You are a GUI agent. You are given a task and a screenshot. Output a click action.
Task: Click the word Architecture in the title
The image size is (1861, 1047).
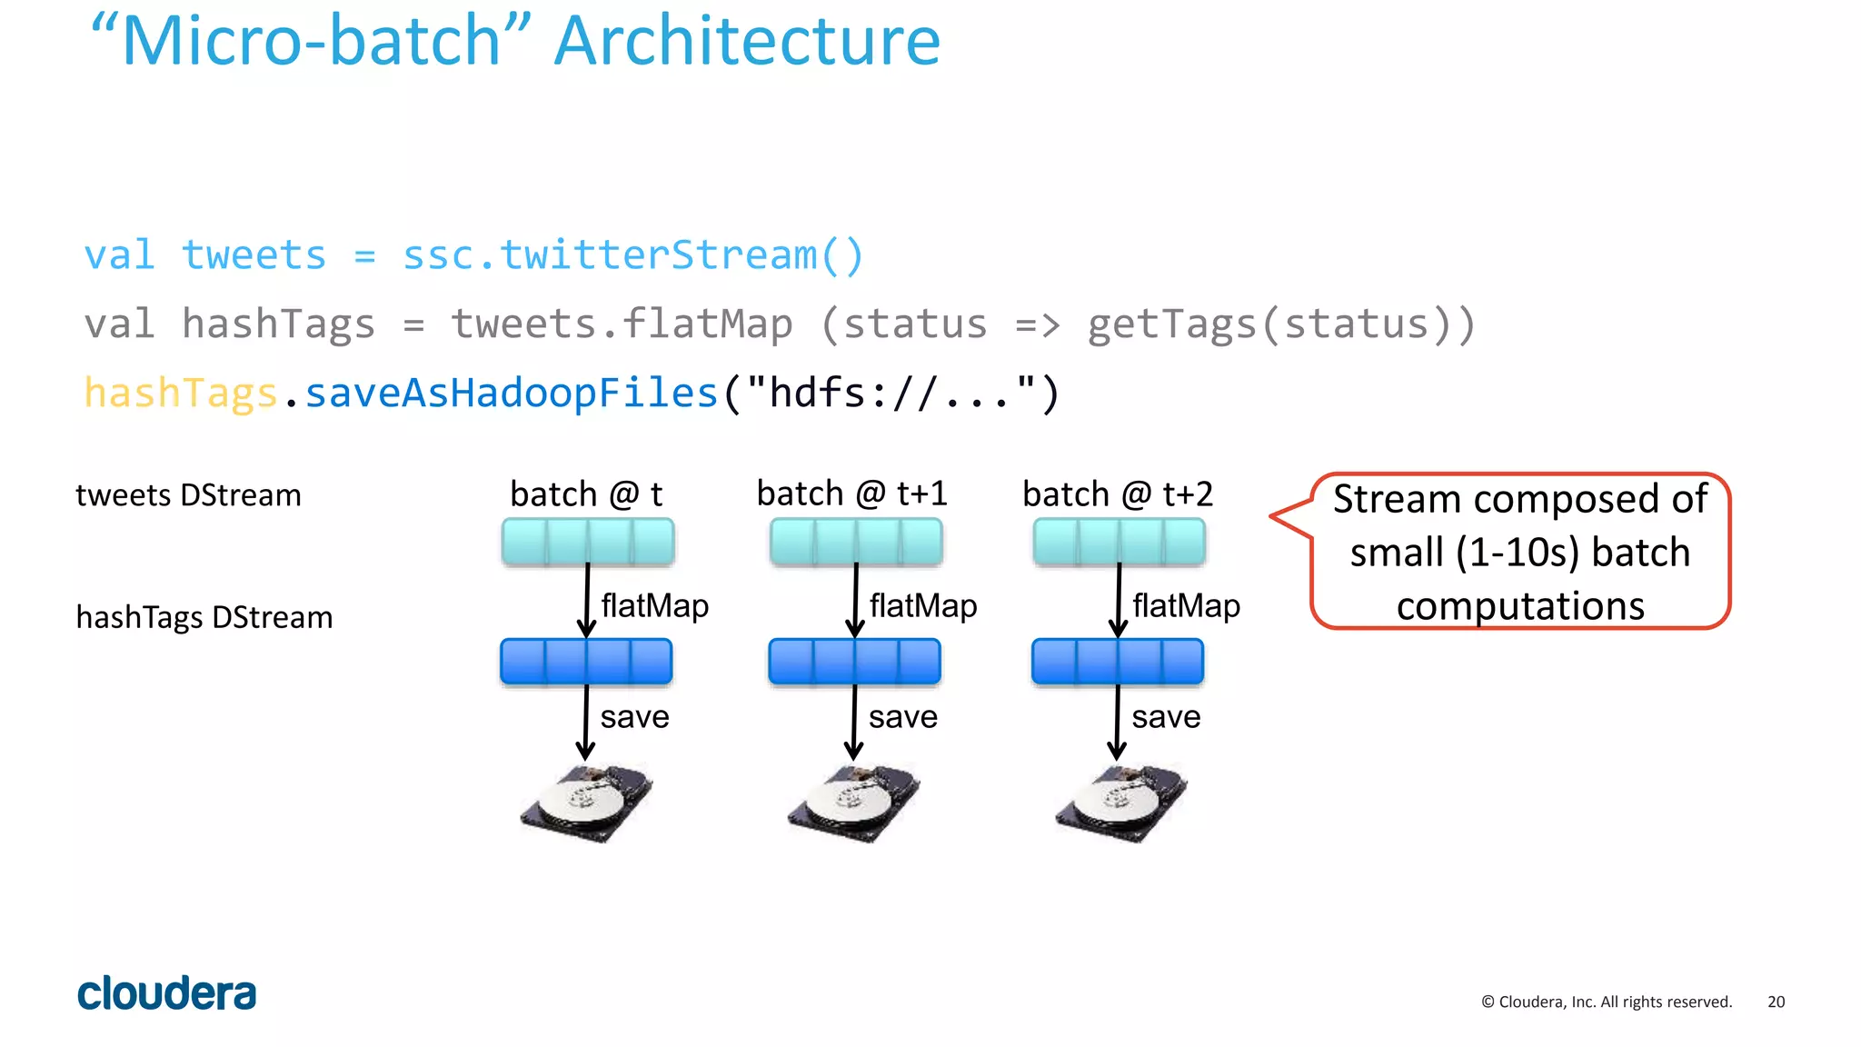click(747, 42)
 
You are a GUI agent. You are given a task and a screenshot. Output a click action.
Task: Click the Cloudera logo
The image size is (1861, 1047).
click(167, 993)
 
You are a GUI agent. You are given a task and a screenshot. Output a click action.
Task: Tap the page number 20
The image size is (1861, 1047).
click(1776, 1002)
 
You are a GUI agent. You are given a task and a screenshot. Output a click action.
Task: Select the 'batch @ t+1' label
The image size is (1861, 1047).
click(851, 494)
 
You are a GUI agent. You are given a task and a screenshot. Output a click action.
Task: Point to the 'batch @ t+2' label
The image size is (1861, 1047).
click(1117, 494)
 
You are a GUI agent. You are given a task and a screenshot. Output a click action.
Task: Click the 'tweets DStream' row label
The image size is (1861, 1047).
click(188, 495)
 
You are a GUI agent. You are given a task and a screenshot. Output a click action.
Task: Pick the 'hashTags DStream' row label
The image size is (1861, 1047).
click(204, 618)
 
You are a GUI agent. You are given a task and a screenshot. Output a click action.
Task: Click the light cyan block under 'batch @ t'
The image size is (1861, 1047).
click(588, 542)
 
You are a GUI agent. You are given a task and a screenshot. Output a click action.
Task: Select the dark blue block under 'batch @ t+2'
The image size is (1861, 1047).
click(1117, 662)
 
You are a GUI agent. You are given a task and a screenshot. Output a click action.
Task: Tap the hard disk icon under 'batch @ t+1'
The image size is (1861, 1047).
click(853, 803)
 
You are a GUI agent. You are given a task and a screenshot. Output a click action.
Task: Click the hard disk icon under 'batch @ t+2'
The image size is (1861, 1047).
click(1120, 803)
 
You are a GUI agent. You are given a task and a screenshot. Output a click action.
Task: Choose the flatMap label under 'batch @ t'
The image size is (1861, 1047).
click(654, 605)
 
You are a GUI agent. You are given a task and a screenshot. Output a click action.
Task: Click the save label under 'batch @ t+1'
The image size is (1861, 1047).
click(902, 717)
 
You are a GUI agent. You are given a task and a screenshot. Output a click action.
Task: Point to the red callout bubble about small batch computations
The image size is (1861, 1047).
click(1519, 552)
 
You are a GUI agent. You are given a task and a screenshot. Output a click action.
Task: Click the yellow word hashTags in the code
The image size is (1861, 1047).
click(180, 394)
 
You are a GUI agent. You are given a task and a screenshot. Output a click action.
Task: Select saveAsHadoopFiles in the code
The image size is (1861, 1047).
click(511, 394)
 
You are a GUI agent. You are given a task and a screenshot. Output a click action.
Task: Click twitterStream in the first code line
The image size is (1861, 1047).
click(658, 255)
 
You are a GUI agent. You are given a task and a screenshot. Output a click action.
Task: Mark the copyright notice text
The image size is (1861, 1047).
click(1607, 1002)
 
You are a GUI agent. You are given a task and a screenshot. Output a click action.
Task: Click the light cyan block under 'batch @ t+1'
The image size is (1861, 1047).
click(855, 542)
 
